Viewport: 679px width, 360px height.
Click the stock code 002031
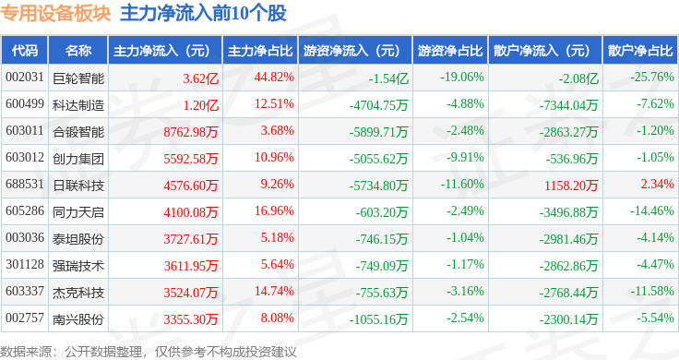coord(25,78)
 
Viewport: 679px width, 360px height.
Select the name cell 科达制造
coord(78,105)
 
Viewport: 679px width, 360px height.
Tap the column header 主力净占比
coord(260,51)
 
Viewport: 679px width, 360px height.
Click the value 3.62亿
coord(200,78)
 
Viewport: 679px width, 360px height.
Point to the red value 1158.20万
coord(571,186)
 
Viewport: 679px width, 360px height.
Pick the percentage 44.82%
coord(274,78)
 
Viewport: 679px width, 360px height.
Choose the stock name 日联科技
coord(78,186)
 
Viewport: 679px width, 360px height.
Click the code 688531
coord(25,184)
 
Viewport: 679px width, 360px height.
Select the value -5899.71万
coord(378,132)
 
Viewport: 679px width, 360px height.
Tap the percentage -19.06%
coord(462,78)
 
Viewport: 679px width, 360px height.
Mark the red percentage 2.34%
coord(658,184)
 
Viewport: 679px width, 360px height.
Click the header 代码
coord(25,51)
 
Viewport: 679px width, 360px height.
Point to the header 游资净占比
coord(450,51)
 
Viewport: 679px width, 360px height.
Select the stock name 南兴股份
coord(78,319)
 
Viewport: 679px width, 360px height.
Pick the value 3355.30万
coord(191,319)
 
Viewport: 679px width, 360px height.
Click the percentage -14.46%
coord(652,211)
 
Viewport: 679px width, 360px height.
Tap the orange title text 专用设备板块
coord(56,14)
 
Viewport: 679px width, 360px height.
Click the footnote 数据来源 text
coord(26,352)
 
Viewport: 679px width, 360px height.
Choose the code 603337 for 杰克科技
coord(25,291)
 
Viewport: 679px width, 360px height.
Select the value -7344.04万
coord(568,105)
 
